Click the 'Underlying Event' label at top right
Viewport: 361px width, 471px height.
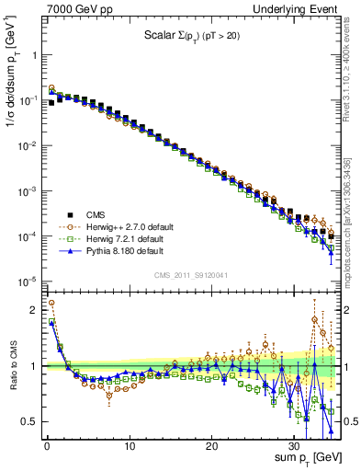point(296,8)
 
